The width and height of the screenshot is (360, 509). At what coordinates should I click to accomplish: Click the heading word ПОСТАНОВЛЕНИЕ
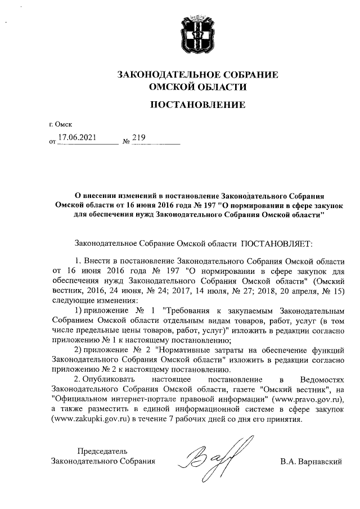197,105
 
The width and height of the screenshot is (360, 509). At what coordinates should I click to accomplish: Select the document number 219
138,137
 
